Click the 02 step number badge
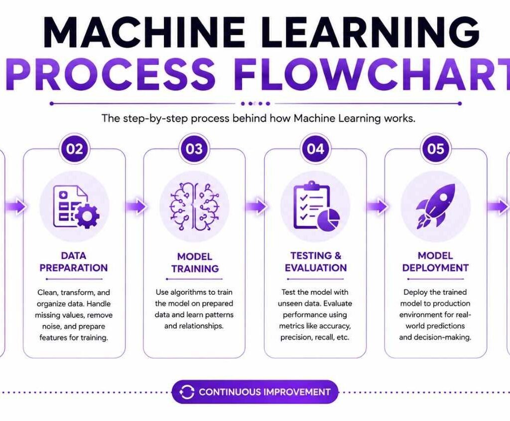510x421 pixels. tap(75, 149)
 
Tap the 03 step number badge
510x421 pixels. tap(194, 149)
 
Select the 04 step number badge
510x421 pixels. tap(315, 149)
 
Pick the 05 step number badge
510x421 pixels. tap(435, 149)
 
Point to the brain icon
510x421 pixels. tap(195, 207)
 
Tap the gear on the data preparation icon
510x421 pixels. tap(87, 215)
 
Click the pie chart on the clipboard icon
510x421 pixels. tap(329, 218)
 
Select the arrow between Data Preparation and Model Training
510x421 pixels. tap(135, 207)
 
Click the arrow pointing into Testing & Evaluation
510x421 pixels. tap(256, 207)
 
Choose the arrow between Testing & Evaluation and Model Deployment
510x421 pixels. tap(377, 207)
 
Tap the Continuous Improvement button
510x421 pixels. tap(255, 392)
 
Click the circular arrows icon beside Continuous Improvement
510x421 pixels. tap(187, 392)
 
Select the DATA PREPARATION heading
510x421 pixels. tap(74, 262)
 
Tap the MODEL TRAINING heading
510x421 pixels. tap(195, 263)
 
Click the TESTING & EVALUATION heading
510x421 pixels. tap(316, 262)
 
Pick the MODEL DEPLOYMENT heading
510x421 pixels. tap(435, 262)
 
